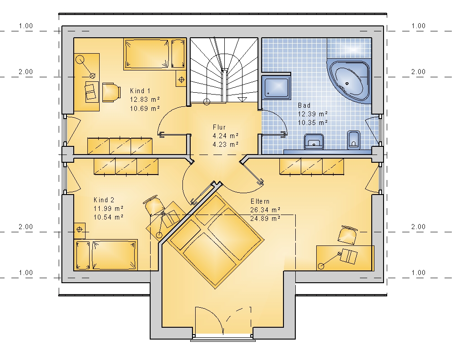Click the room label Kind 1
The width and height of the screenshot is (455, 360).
tap(140, 91)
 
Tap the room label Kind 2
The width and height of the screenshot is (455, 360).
tap(104, 200)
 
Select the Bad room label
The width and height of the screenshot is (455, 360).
tap(304, 105)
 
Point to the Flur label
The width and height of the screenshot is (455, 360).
tap(219, 127)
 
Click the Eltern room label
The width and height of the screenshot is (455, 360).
tap(260, 201)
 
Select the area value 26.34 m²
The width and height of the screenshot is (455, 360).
tap(265, 210)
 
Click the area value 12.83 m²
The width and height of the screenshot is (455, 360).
tap(145, 100)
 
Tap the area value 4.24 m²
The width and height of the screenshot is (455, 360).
tap(226, 135)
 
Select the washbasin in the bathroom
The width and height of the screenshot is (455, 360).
tap(313, 141)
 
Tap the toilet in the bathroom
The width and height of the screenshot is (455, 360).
tap(354, 140)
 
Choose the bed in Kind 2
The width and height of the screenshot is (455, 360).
tap(106, 255)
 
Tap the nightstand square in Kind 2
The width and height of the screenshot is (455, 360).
tap(80, 229)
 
